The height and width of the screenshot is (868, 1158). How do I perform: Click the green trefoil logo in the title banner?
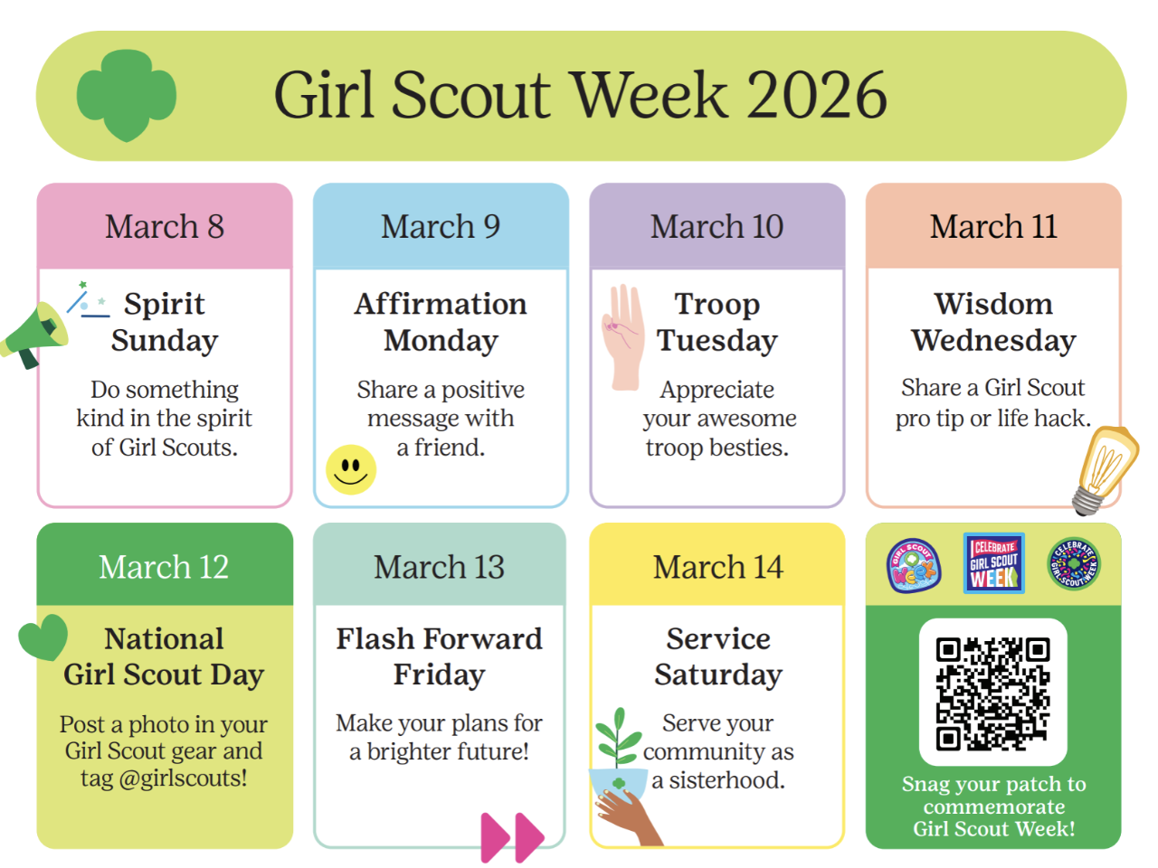[126, 95]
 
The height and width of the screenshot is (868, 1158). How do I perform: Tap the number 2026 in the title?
[817, 96]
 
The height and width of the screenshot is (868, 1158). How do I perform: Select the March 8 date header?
[165, 227]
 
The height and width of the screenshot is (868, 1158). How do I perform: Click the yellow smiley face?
[351, 469]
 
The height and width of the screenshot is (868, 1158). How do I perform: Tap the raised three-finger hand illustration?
[623, 337]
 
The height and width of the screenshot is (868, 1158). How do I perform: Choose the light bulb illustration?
[1106, 470]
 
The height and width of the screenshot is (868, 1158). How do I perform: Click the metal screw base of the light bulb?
[1087, 500]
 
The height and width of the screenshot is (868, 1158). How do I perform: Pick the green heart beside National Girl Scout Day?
[43, 637]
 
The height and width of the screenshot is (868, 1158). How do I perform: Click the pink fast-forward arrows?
[512, 837]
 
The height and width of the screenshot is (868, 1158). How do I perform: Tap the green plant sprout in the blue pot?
[618, 739]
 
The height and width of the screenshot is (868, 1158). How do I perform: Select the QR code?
[992, 693]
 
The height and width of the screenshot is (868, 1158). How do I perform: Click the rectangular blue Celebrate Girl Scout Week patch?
[994, 563]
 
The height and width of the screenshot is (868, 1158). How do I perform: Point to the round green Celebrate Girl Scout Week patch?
[1074, 564]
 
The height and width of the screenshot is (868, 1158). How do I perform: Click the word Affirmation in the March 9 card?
[441, 304]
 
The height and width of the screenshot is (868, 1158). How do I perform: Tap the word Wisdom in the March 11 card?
[993, 304]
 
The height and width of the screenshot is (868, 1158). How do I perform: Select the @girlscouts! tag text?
[183, 778]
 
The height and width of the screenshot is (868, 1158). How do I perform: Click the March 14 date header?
[718, 567]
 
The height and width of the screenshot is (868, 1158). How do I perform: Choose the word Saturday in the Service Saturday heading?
[718, 675]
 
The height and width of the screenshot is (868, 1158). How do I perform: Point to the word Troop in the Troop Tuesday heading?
[717, 306]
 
